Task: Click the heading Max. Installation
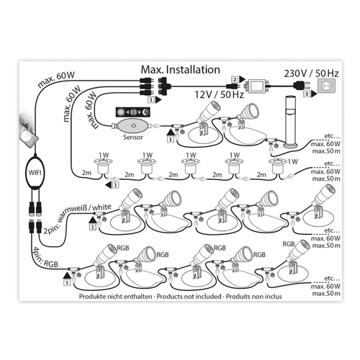click(180, 70)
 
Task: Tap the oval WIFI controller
click(35, 172)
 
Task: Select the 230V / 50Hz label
click(311, 73)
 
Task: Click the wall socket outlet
click(326, 86)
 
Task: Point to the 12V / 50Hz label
click(219, 94)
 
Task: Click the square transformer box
click(257, 86)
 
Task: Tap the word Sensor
click(133, 138)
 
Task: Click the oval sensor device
click(133, 125)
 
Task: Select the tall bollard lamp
click(291, 122)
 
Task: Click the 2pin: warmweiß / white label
click(77, 218)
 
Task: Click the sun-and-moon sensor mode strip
click(133, 112)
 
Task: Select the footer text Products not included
click(189, 297)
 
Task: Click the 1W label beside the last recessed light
click(293, 162)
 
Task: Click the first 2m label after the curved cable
click(86, 172)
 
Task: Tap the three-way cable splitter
click(163, 86)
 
